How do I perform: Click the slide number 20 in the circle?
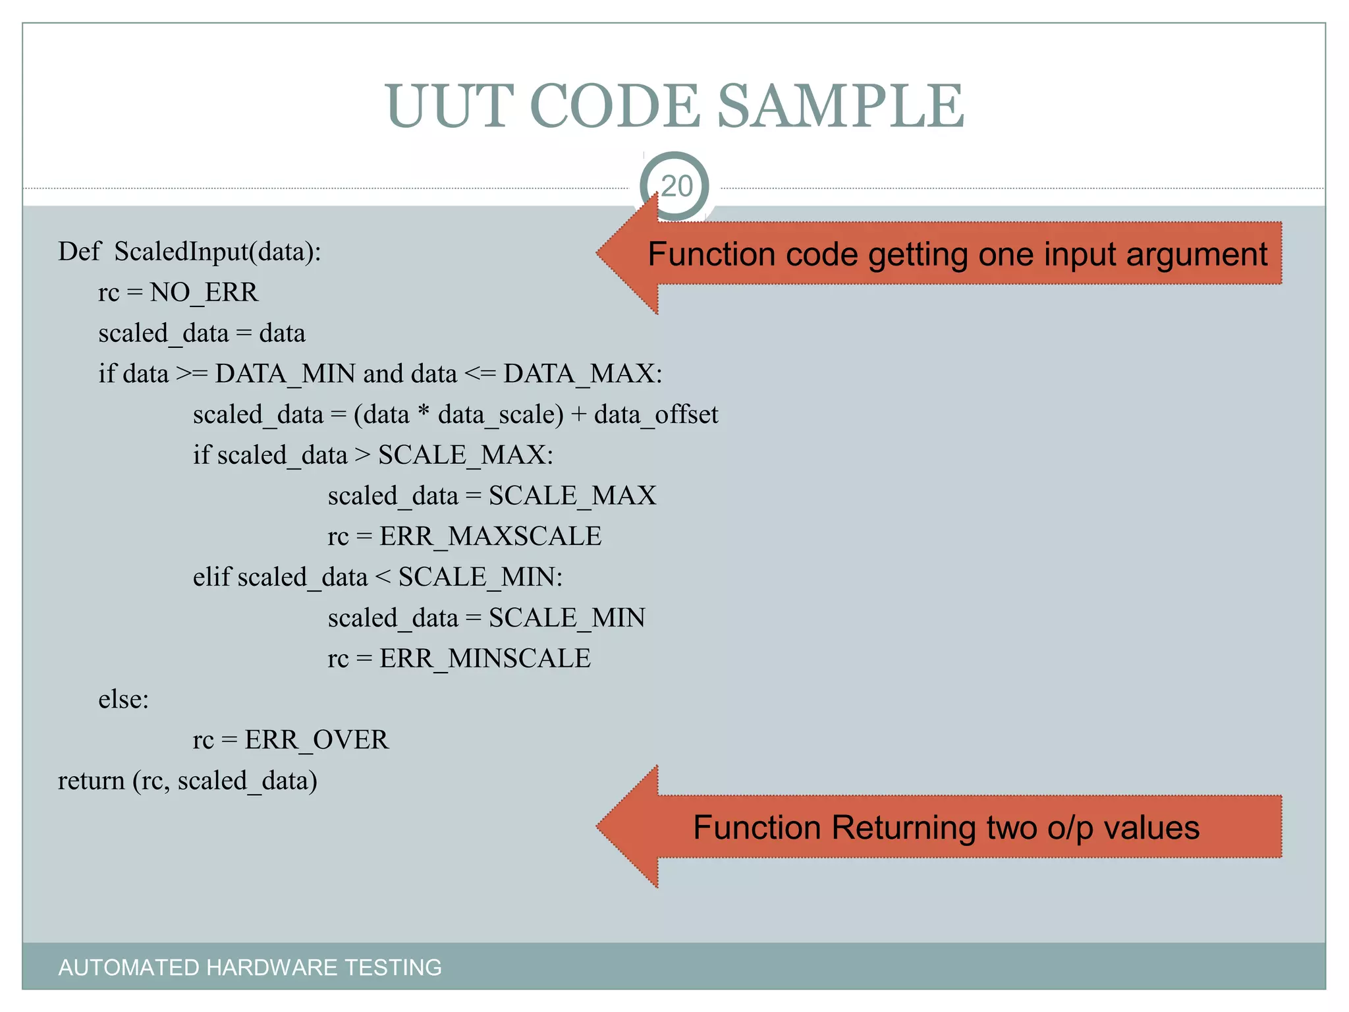click(676, 186)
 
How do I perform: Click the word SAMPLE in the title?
click(840, 106)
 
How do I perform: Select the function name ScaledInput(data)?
click(217, 252)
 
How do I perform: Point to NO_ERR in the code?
click(204, 293)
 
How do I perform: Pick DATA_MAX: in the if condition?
click(582, 374)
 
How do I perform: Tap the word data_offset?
click(655, 415)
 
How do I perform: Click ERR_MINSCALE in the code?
click(485, 659)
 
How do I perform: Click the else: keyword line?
click(124, 700)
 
